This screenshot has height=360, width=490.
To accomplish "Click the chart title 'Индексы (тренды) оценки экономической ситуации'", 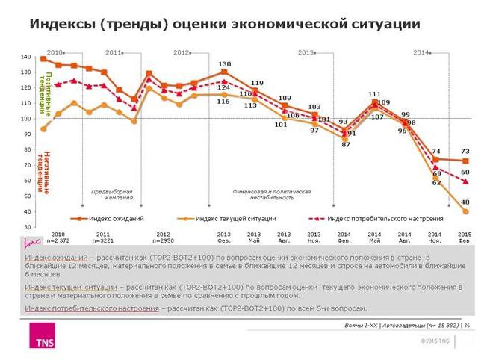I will tap(224, 25).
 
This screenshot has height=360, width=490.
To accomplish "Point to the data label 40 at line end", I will tap(465, 202).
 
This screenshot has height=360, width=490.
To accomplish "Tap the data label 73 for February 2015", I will tap(465, 151).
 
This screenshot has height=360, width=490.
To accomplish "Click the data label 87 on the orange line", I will tap(345, 144).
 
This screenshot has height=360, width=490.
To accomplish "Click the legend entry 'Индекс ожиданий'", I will tap(111, 218).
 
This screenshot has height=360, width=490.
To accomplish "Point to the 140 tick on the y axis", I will tap(25, 57).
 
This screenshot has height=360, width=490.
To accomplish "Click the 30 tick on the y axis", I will tap(27, 226).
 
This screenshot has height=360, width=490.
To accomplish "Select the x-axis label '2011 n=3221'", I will tap(102, 238).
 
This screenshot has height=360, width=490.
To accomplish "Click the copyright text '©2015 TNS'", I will tap(435, 341).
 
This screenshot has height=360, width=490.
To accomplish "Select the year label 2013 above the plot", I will tap(306, 52).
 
